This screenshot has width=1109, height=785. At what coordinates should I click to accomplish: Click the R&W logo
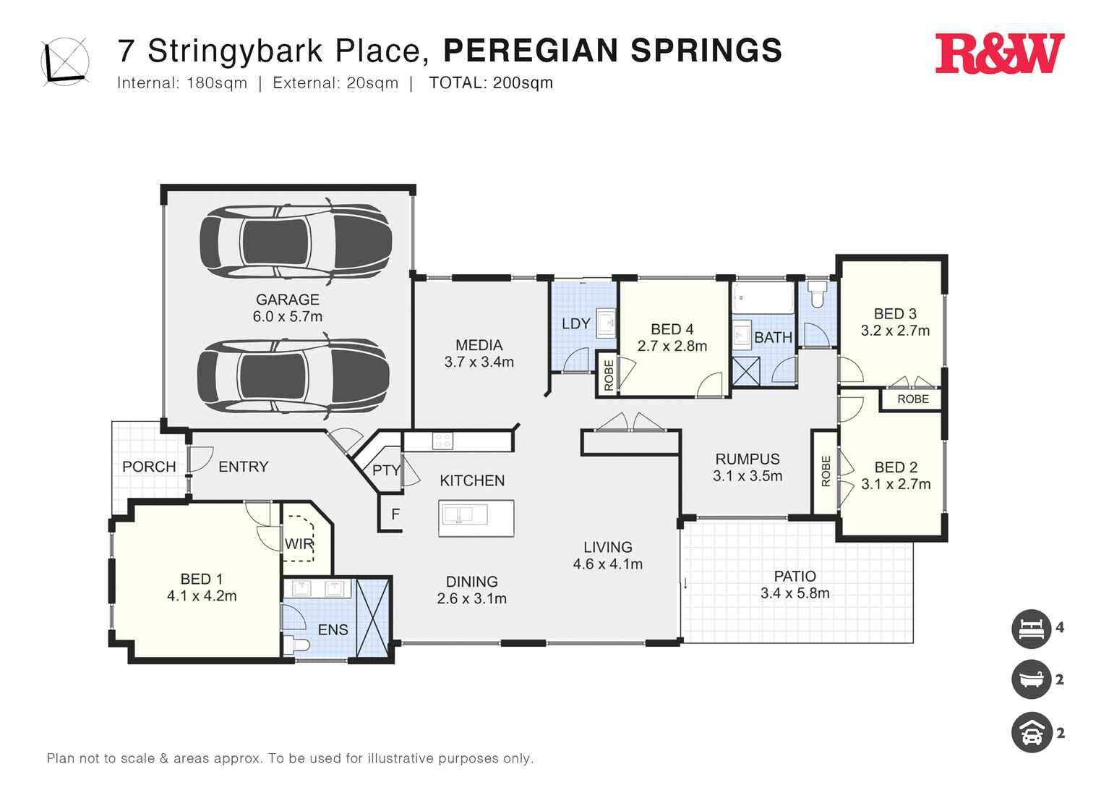[x=999, y=54]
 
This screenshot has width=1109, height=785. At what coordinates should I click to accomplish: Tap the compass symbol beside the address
[x=66, y=61]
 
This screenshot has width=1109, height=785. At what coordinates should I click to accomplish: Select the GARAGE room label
[x=287, y=300]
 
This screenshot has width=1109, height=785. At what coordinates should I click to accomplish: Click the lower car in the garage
[x=294, y=375]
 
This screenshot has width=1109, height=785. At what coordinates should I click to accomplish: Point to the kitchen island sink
[x=463, y=515]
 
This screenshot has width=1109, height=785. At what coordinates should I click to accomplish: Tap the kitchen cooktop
[x=442, y=441]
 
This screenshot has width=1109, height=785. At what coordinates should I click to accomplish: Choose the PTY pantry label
[x=386, y=470]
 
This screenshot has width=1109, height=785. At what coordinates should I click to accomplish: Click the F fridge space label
[x=395, y=514]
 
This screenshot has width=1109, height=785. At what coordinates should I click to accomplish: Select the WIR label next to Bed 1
[x=299, y=544]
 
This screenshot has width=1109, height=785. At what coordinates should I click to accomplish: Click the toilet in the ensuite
[x=297, y=645]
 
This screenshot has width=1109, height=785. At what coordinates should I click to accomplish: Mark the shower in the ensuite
[x=373, y=618]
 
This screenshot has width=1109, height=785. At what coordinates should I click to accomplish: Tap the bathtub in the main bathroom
[x=763, y=297]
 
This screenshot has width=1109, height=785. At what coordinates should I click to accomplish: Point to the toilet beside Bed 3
[x=818, y=295]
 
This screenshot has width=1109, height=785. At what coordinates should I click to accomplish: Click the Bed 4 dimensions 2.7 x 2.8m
[x=672, y=347]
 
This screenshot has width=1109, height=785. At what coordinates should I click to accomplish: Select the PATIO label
[x=795, y=577]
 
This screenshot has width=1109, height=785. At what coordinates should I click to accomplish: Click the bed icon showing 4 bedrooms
[x=1031, y=628]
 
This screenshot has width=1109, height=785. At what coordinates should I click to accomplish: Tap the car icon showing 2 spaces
[x=1031, y=733]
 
